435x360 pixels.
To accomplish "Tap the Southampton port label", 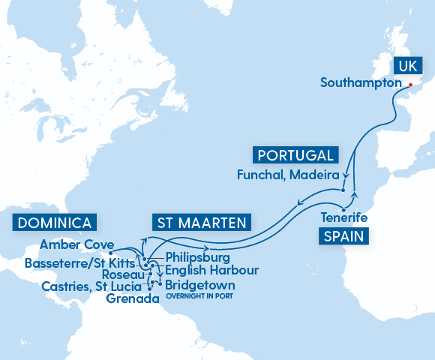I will coord(361,82).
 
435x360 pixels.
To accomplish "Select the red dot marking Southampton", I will coord(410,85).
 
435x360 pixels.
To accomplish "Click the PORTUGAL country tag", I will coord(295,155).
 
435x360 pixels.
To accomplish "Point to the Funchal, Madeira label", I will coord(283,174).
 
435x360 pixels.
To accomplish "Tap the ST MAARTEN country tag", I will coord(202,223).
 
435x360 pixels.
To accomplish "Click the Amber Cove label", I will coord(76,244).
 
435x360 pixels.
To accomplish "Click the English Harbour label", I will coord(211,270).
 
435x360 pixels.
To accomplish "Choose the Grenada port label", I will coord(133,298).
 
